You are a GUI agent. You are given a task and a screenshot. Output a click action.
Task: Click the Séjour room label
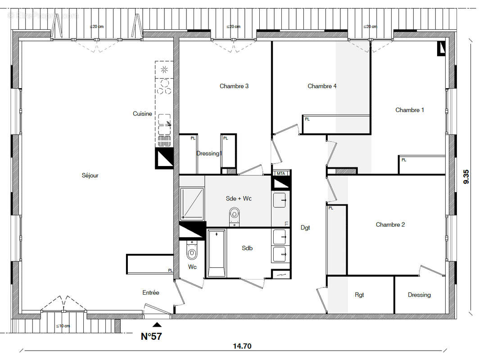tap(90, 175)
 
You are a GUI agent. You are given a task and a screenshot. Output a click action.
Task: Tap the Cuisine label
tap(142, 114)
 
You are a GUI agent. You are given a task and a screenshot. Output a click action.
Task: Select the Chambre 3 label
tap(234, 86)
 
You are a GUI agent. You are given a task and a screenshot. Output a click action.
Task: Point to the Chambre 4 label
tap(322, 86)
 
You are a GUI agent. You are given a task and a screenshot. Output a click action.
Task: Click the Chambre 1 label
tap(410, 110)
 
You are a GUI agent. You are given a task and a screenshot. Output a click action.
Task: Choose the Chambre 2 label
tap(390, 225)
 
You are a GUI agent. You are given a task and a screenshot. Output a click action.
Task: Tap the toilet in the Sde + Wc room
tap(234, 213)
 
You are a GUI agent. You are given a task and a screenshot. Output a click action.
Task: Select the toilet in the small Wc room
tap(192, 252)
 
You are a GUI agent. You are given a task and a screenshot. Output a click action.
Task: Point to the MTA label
tap(281, 173)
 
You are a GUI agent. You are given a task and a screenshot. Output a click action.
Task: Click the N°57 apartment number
tap(151, 336)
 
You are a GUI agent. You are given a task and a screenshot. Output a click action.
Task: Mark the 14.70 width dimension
tap(242, 346)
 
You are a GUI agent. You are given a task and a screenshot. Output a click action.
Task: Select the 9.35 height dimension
tap(466, 176)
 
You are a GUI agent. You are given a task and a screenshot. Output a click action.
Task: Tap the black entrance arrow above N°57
tap(156, 324)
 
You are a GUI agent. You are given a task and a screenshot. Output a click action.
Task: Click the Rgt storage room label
tap(359, 295)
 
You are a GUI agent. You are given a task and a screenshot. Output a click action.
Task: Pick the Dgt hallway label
tap(305, 228)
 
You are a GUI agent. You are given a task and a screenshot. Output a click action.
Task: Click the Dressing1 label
tap(209, 153)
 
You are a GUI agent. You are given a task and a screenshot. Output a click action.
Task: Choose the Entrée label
tap(151, 292)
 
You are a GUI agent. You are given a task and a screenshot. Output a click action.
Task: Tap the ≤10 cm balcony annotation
tap(63, 326)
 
